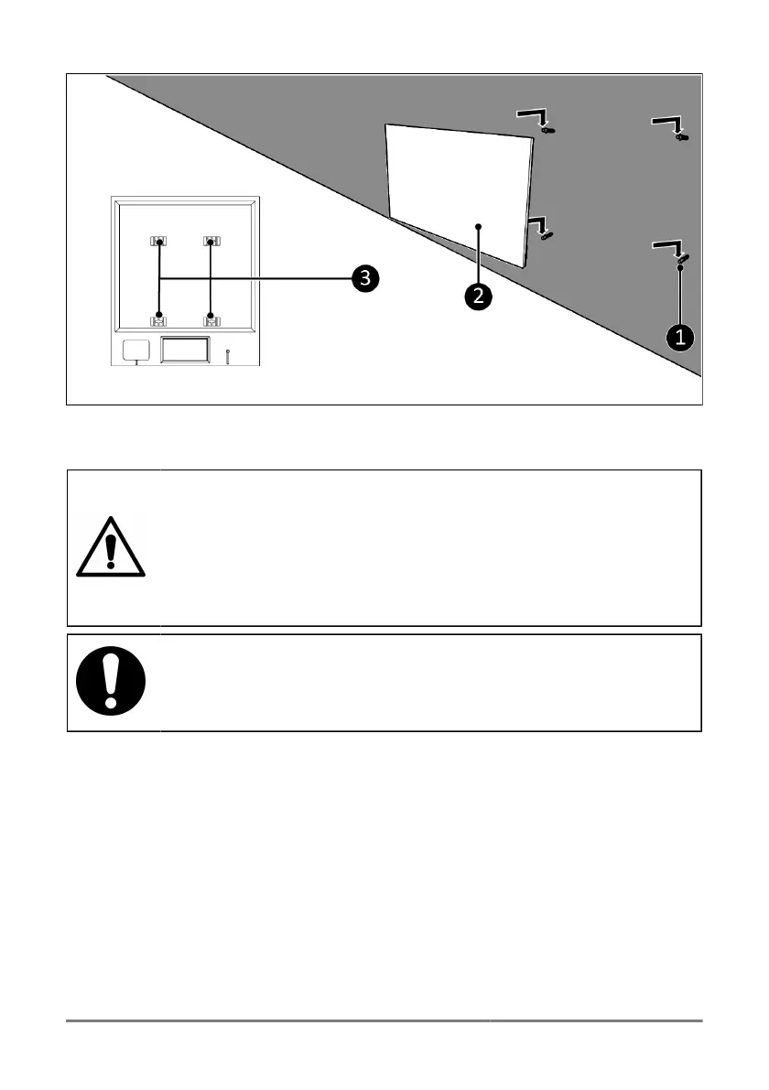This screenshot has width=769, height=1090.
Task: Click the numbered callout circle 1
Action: click(x=679, y=338)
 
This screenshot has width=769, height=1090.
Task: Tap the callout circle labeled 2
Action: click(x=475, y=295)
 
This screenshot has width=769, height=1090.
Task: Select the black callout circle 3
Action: click(x=364, y=278)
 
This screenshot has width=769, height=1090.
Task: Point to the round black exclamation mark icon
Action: click(x=110, y=682)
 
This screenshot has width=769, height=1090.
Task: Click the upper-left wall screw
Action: click(x=548, y=132)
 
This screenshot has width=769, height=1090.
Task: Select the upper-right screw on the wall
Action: click(x=682, y=137)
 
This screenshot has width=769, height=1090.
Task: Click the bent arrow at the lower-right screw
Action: click(x=669, y=247)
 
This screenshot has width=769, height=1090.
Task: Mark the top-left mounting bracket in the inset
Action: click(x=159, y=243)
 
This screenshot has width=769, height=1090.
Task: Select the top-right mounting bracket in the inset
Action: click(x=211, y=243)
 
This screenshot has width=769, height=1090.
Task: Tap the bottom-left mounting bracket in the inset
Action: click(x=159, y=318)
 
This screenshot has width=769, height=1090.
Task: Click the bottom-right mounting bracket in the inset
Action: click(x=211, y=318)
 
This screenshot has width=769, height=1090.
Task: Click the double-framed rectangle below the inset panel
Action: click(x=186, y=351)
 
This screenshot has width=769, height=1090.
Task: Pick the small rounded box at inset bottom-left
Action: click(x=135, y=350)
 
